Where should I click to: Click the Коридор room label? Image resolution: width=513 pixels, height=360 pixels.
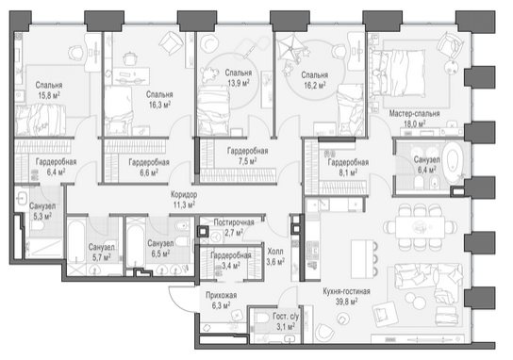click(x=184, y=195)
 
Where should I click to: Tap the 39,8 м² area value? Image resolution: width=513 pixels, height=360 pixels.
click(x=346, y=302)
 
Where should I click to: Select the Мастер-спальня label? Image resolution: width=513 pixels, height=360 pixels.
click(x=414, y=114)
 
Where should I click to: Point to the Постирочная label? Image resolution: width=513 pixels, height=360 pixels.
click(x=234, y=222)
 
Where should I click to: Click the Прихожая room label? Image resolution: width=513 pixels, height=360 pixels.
click(x=221, y=295)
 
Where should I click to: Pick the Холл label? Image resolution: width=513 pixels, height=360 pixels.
click(x=275, y=252)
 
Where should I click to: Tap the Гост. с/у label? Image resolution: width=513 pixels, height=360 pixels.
click(x=286, y=317)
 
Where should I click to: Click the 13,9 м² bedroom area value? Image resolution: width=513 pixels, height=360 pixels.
click(x=239, y=83)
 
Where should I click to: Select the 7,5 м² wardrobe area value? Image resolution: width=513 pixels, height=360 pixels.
click(x=247, y=161)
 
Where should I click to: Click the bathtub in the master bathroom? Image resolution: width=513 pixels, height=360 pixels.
click(x=453, y=162)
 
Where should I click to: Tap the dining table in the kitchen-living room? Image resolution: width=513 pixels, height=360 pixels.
click(x=420, y=226)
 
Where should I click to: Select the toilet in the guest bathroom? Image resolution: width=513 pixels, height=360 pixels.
click(x=263, y=319)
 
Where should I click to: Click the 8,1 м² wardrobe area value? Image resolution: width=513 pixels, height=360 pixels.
click(x=348, y=172)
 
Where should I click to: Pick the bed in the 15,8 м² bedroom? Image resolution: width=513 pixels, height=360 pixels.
click(x=40, y=120)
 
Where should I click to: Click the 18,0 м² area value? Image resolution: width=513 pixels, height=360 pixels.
click(x=414, y=123)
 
